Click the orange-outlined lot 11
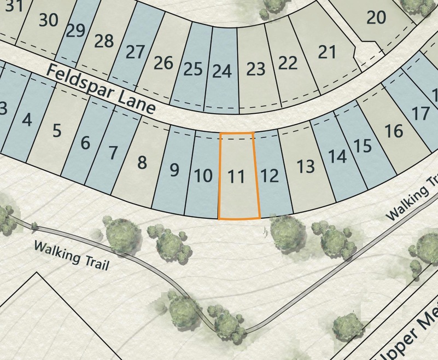pyautogui.click(x=236, y=177)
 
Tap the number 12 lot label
pyautogui.click(x=270, y=176)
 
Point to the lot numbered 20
pyautogui.click(x=376, y=18)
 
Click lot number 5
pyautogui.click(x=57, y=131)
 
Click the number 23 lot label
pyautogui.click(x=255, y=69)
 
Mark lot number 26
pyautogui.click(x=163, y=63)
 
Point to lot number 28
pyautogui.click(x=104, y=41)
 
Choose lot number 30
pyautogui.click(x=49, y=20)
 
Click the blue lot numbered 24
pyautogui.click(x=221, y=71)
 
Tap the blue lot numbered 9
pyautogui.click(x=174, y=170)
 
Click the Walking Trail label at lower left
pyautogui.click(x=72, y=256)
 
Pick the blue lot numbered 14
pyautogui.click(x=337, y=156)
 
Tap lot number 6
pyautogui.click(x=85, y=144)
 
